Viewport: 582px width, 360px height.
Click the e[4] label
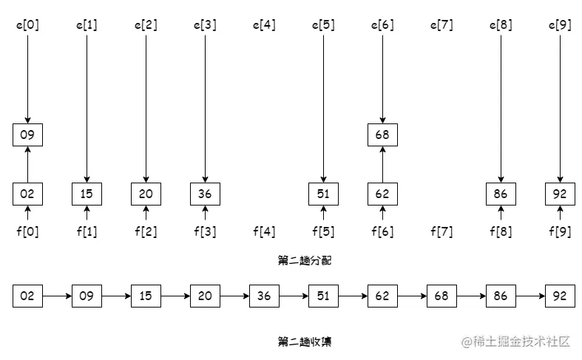pos(264,25)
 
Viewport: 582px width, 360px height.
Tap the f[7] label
pos(441,232)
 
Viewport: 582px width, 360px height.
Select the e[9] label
pos(560,25)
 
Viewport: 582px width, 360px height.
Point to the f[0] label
pos(27,232)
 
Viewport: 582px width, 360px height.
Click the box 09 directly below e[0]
pos(27,135)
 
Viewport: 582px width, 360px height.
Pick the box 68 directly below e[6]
pos(382,135)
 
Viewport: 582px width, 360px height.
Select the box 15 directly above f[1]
pos(87,194)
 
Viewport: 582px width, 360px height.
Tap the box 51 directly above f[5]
pos(323,194)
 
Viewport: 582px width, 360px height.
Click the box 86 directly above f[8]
pos(501,194)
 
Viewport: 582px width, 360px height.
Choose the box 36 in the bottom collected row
pos(264,296)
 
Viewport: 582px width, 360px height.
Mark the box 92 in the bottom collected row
pos(560,296)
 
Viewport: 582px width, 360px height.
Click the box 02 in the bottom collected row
pos(27,296)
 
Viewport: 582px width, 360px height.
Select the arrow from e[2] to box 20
pos(146,103)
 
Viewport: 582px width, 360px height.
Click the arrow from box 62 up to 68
pos(382,164)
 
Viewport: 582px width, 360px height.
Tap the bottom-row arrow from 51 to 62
pos(353,296)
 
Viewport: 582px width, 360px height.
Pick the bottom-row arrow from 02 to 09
pos(57,296)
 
